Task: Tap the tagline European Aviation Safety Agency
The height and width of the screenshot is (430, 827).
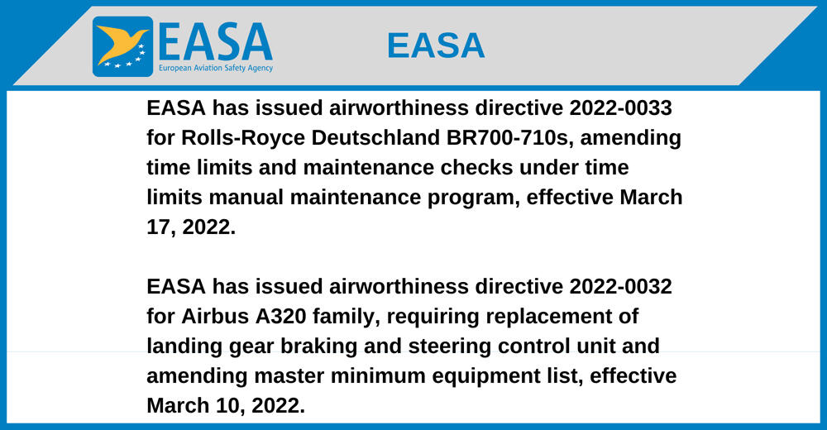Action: (x=216, y=68)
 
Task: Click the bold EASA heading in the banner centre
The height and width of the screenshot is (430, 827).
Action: (x=436, y=45)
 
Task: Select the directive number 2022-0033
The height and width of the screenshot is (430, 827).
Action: (x=621, y=108)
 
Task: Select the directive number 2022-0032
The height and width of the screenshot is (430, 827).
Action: (x=621, y=286)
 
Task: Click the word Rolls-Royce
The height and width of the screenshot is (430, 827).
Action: (x=243, y=138)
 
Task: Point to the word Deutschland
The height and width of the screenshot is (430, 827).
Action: (x=375, y=138)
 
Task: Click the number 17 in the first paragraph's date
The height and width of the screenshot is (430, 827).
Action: (x=158, y=227)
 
